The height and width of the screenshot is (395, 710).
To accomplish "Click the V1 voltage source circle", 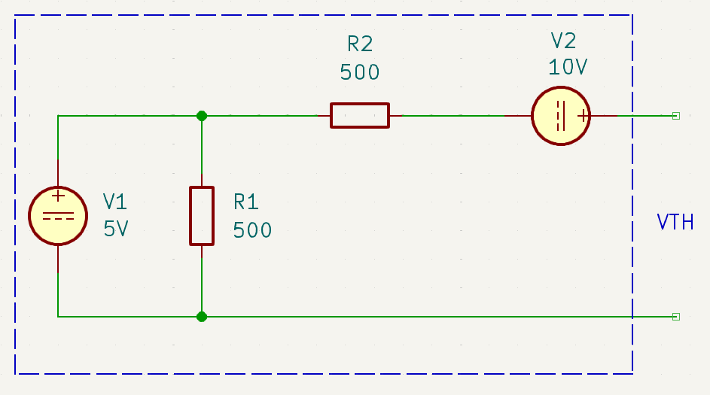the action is [x=58, y=187].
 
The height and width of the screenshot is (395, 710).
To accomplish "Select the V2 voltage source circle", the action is [x=561, y=87].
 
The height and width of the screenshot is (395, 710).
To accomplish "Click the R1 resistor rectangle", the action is [x=190, y=216].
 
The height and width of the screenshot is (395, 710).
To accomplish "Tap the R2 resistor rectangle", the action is [x=360, y=104].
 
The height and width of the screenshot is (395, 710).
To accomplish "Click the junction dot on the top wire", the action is [x=202, y=116].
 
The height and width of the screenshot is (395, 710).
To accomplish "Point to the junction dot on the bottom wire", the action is [x=202, y=317].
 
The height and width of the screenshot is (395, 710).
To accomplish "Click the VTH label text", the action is [x=675, y=222].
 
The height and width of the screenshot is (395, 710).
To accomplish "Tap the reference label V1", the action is [x=115, y=202].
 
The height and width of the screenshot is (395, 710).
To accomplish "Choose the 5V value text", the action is [x=116, y=229].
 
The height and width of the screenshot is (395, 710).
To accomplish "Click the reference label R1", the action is [x=246, y=202].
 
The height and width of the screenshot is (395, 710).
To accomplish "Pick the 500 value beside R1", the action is [x=252, y=230].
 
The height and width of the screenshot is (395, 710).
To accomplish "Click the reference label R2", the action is [x=360, y=44].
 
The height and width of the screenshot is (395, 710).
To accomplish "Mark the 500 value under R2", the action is [x=360, y=72].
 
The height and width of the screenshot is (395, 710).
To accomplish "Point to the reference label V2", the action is [x=564, y=41].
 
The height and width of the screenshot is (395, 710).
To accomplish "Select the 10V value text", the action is [x=568, y=67].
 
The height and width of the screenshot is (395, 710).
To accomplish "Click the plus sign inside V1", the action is [x=58, y=196].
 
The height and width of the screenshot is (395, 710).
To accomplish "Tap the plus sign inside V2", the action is [x=584, y=117].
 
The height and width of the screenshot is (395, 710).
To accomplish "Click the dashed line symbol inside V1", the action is [x=58, y=220].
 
